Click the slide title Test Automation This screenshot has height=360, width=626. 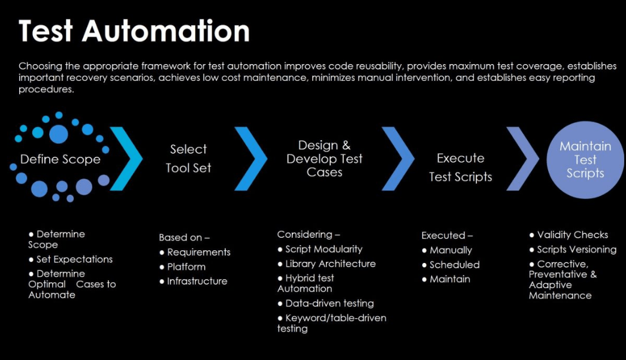pyautogui.click(x=134, y=31)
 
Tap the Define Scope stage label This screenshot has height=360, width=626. pyautogui.click(x=60, y=160)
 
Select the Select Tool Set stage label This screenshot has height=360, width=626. pyautogui.click(x=188, y=159)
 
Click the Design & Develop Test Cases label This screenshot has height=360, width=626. pyautogui.click(x=324, y=159)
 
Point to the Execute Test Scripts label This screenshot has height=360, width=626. pyautogui.click(x=460, y=167)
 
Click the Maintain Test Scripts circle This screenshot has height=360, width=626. pyautogui.click(x=585, y=160)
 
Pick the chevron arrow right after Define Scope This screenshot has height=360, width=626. pyautogui.click(x=126, y=159)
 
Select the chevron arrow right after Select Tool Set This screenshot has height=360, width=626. pyautogui.click(x=251, y=159)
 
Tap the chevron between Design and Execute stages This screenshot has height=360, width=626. pyautogui.click(x=398, y=159)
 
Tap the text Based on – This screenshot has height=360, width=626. pyautogui.click(x=185, y=238)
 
